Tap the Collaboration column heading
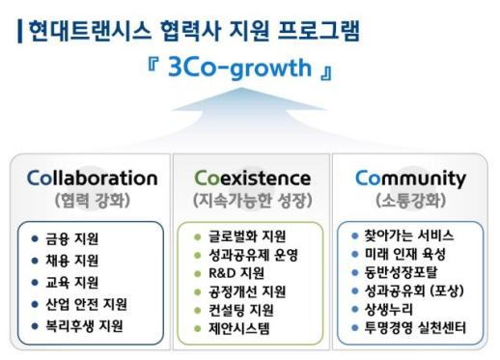pyautogui.click(x=92, y=179)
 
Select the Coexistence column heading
pyautogui.click(x=252, y=179)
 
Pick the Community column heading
pyautogui.click(x=410, y=179)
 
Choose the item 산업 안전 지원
pyautogui.click(x=86, y=304)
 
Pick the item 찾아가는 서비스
pyautogui.click(x=408, y=235)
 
